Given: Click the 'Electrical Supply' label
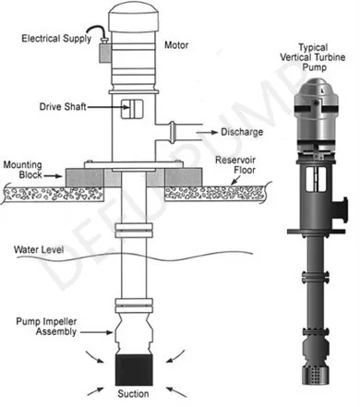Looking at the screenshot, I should click(x=54, y=38).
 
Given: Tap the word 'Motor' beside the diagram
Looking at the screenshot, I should click(x=179, y=43).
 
